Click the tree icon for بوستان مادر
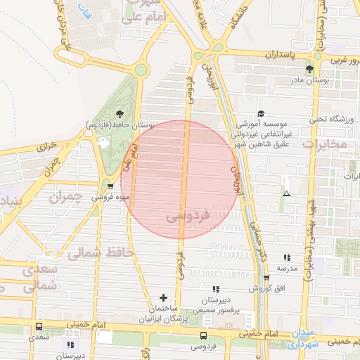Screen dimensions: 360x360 click(x=309, y=68)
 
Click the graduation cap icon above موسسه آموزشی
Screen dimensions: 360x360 click(x=261, y=113)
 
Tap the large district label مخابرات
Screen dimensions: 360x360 click(x=324, y=144)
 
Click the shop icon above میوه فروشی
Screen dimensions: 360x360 click(x=110, y=186)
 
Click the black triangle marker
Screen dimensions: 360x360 click(x=285, y=193)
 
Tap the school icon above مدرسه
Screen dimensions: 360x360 click(x=286, y=258)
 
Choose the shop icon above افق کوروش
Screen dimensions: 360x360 click(x=266, y=278)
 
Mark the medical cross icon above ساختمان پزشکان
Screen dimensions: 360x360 click(x=164, y=297)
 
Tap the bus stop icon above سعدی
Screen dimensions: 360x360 click(x=39, y=327)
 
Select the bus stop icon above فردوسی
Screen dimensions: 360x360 click(x=203, y=335)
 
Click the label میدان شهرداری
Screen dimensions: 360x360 click(x=307, y=338)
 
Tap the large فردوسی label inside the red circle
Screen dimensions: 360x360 click(x=188, y=217)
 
